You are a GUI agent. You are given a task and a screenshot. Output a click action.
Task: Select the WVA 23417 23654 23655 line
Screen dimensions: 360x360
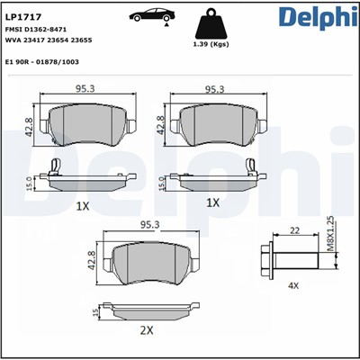pyautogui.click(x=49, y=40)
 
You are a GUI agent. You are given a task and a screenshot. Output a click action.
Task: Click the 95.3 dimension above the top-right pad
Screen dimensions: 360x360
pyautogui.click(x=215, y=89)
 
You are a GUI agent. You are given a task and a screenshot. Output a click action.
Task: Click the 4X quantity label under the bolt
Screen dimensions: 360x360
pyautogui.click(x=292, y=285)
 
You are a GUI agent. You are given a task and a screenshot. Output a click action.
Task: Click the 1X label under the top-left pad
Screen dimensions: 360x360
pyautogui.click(x=83, y=205)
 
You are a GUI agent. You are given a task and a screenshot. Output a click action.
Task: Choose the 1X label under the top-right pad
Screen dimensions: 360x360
pyautogui.click(x=213, y=205)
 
